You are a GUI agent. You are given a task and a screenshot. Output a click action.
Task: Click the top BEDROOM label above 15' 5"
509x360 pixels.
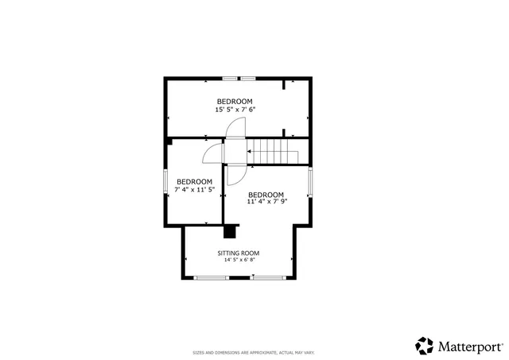pos(235,101)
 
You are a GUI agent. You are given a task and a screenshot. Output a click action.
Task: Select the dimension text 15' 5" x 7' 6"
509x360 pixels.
pos(235,110)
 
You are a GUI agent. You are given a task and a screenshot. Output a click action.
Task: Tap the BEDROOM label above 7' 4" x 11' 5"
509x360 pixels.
pos(194,181)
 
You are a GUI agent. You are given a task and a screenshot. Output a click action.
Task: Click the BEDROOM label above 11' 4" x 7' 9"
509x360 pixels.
pos(266,195)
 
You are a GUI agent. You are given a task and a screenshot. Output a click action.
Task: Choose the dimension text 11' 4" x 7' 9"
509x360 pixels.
pos(266,203)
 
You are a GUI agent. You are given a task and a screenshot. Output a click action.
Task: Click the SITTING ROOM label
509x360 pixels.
pos(239,254)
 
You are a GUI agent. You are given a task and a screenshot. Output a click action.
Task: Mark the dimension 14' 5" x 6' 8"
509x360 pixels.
pos(239,261)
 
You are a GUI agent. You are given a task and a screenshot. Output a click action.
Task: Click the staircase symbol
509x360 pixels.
pos(274,150)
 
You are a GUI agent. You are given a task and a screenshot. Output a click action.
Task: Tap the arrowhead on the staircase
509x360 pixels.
pos(250,150)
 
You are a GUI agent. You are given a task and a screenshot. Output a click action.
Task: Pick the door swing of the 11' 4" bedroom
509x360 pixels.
pos(235,174)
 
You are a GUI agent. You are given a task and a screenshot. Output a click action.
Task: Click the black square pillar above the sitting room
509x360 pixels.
pos(231,231)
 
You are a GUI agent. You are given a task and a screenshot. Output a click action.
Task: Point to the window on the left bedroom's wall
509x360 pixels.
pos(165,181)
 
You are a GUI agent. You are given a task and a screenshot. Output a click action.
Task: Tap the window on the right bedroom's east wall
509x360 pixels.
pos(311,184)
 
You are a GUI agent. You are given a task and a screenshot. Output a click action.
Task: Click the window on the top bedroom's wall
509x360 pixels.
pos(239,78)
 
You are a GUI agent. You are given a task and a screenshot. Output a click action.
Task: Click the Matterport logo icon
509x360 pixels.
pos(425,346)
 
